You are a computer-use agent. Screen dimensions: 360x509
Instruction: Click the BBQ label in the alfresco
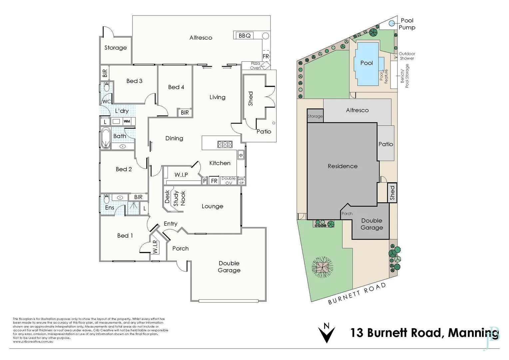(245, 35)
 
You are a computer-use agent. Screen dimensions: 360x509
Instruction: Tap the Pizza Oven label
(255, 66)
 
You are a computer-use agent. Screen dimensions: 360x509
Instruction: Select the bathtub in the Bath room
(106, 137)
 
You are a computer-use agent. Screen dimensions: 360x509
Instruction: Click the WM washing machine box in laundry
(127, 121)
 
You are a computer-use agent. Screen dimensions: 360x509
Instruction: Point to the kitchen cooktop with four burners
(225, 144)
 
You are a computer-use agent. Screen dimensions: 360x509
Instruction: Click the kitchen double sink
(241, 155)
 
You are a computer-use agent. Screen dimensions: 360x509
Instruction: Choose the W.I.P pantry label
(181, 175)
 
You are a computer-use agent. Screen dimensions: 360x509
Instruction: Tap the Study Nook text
(179, 198)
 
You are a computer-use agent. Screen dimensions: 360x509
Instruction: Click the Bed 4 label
(176, 87)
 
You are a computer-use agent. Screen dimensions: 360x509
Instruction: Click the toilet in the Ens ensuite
(106, 199)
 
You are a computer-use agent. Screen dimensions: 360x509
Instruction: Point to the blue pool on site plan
(366, 63)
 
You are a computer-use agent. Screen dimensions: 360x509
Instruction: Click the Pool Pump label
(407, 24)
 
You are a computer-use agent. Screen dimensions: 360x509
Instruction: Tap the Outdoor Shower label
(407, 56)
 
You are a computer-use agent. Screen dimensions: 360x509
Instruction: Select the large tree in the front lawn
(322, 267)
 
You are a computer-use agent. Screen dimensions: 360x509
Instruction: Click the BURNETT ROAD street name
(357, 293)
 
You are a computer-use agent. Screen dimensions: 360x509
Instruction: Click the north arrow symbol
(326, 332)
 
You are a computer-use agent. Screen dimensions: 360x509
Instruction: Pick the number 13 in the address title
(357, 333)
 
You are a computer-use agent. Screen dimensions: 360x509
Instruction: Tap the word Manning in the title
(473, 333)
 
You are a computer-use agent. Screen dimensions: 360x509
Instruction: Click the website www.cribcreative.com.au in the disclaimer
(33, 341)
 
